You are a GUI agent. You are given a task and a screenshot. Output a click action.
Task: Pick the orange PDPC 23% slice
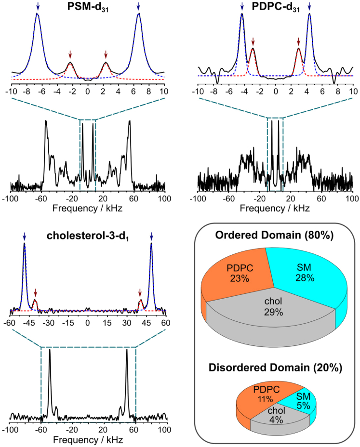click(232, 275)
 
